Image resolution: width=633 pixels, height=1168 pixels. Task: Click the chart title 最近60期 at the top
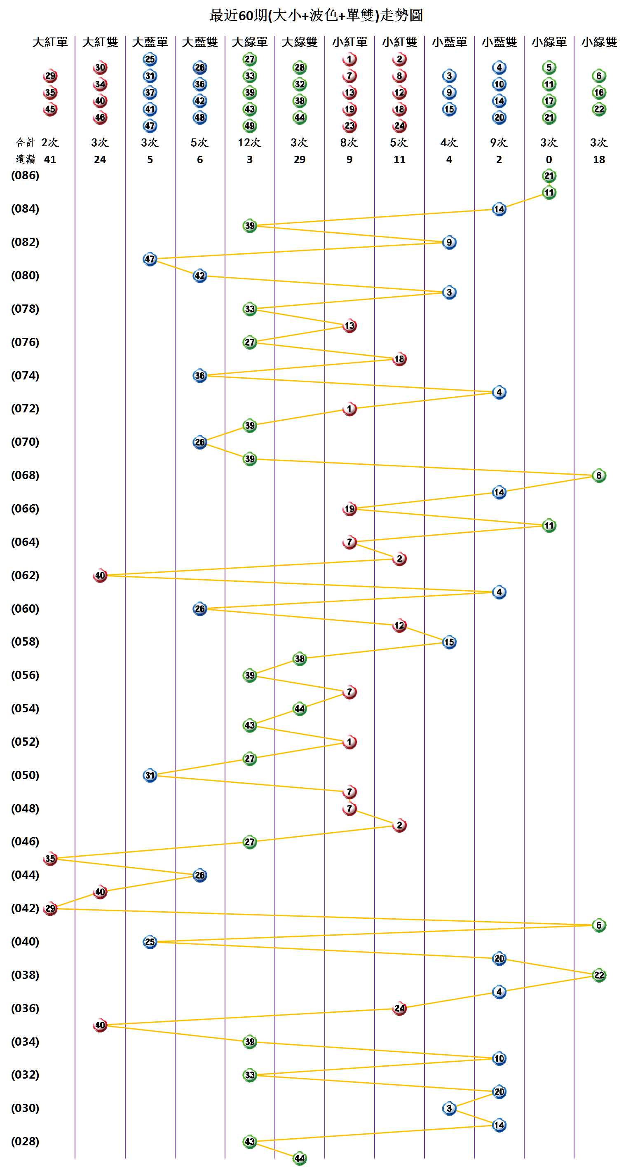[x=316, y=15]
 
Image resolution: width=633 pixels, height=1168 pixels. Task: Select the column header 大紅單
[x=50, y=42]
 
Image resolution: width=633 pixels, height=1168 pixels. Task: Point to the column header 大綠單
[x=249, y=42]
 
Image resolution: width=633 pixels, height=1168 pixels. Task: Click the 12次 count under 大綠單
[x=249, y=143]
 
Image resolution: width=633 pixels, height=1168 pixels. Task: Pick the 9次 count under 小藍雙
[x=499, y=143]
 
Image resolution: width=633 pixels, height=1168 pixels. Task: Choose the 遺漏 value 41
[x=50, y=159]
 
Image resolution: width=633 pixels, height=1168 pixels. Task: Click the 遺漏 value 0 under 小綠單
[x=549, y=159]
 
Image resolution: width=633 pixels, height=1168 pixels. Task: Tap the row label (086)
[x=25, y=176]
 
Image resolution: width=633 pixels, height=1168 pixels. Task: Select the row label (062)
[x=25, y=576]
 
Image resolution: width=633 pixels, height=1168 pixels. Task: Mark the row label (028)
[x=25, y=1141]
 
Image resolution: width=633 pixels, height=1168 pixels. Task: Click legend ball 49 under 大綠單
[x=250, y=126]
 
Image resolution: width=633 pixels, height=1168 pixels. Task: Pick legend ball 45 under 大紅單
[x=50, y=109]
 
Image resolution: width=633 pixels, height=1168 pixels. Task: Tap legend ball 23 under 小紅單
[x=349, y=126]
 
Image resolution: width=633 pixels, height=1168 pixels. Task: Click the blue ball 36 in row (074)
[x=200, y=375]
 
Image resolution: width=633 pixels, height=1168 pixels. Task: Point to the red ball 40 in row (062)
[x=100, y=576]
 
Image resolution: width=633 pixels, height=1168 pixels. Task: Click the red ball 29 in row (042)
[x=50, y=908]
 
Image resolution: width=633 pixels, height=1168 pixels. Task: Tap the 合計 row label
[x=25, y=143]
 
